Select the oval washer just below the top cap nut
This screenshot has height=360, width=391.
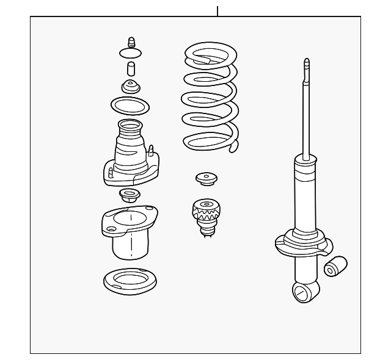click(131, 53)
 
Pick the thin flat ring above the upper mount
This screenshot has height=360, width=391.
click(131, 105)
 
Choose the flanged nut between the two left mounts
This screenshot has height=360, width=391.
click(129, 196)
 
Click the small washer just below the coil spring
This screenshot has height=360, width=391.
click(207, 179)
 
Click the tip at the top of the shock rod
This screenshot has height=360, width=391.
click(307, 62)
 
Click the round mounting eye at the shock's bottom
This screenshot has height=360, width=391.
click(301, 293)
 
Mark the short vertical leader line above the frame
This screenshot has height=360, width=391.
click(217, 10)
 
